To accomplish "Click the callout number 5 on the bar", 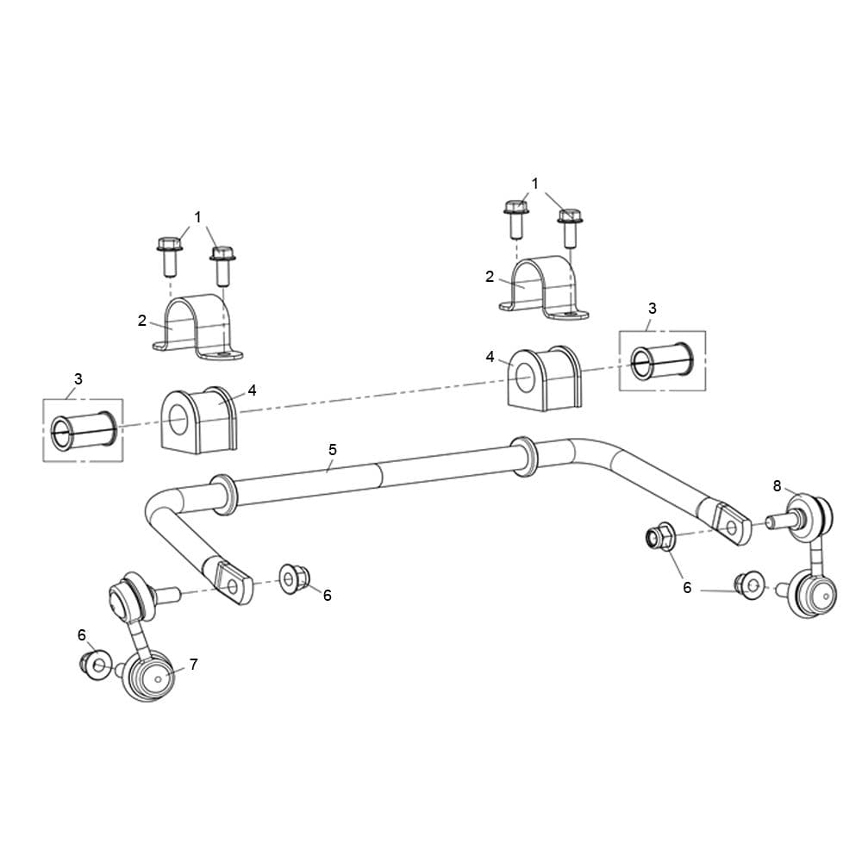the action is point(333,450).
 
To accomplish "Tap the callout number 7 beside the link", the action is point(193,665).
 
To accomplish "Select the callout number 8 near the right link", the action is point(777,486).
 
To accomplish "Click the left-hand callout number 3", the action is point(78,378).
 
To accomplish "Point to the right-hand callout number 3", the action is point(652,309).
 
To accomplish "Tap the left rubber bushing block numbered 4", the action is point(199,420).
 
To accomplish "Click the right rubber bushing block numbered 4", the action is point(543,378).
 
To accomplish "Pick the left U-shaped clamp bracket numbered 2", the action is point(197,328).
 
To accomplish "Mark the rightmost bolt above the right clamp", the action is point(570,227).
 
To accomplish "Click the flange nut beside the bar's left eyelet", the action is point(295,578).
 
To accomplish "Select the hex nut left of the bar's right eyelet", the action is point(659,536).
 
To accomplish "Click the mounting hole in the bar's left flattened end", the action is point(233,587).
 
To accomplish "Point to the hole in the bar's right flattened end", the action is point(731,528).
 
